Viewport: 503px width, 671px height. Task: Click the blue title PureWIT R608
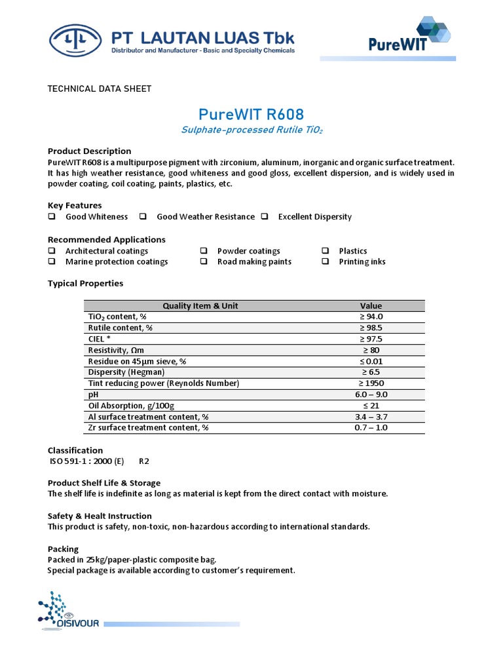pyautogui.click(x=251, y=115)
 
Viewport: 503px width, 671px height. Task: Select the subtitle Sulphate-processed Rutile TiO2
pyautogui.click(x=251, y=130)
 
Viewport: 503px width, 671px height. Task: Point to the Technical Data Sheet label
pyautogui.click(x=100, y=88)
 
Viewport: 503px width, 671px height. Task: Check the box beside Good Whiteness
pyautogui.click(x=52, y=217)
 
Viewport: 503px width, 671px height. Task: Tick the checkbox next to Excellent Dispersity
pyautogui.click(x=265, y=217)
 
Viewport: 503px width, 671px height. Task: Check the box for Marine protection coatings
pyautogui.click(x=52, y=261)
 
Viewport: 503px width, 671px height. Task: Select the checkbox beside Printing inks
pyautogui.click(x=326, y=261)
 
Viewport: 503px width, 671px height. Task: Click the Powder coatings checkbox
pyautogui.click(x=204, y=251)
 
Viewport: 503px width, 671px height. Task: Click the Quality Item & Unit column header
pyautogui.click(x=200, y=306)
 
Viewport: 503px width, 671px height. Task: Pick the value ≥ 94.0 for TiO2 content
pyautogui.click(x=371, y=316)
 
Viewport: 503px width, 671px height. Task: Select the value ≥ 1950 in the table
pyautogui.click(x=371, y=383)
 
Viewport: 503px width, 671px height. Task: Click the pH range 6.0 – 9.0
pyautogui.click(x=371, y=394)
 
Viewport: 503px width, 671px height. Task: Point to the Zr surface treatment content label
pyautogui.click(x=148, y=428)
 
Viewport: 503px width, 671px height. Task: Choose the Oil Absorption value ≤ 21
pyautogui.click(x=371, y=406)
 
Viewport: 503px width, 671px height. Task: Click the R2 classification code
pyautogui.click(x=144, y=461)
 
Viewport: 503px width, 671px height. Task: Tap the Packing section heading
pyautogui.click(x=63, y=548)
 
